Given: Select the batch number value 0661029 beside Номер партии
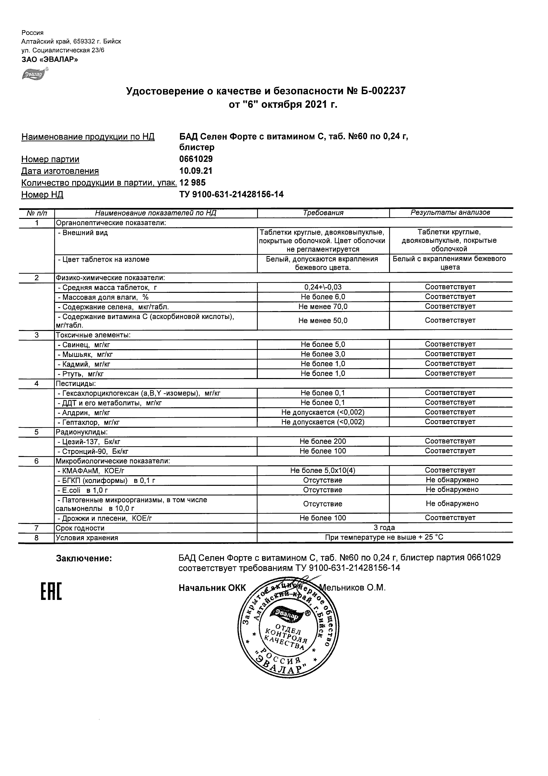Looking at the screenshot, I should tap(196, 159).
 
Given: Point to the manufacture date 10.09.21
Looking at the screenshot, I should tap(196, 171).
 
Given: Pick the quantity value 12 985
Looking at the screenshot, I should tap(192, 182).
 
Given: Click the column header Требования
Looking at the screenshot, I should tap(323, 213).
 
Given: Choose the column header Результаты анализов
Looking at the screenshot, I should tap(450, 212).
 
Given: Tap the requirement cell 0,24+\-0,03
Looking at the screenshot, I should tap(323, 287).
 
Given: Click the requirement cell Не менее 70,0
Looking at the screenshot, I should tap(323, 306).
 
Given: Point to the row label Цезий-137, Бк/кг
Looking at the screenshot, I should tap(89, 442).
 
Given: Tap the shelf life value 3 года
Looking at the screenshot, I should tap(384, 528).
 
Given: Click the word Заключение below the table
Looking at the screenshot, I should tap(84, 558).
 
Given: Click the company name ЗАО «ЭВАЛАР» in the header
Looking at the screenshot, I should tap(50, 59).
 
